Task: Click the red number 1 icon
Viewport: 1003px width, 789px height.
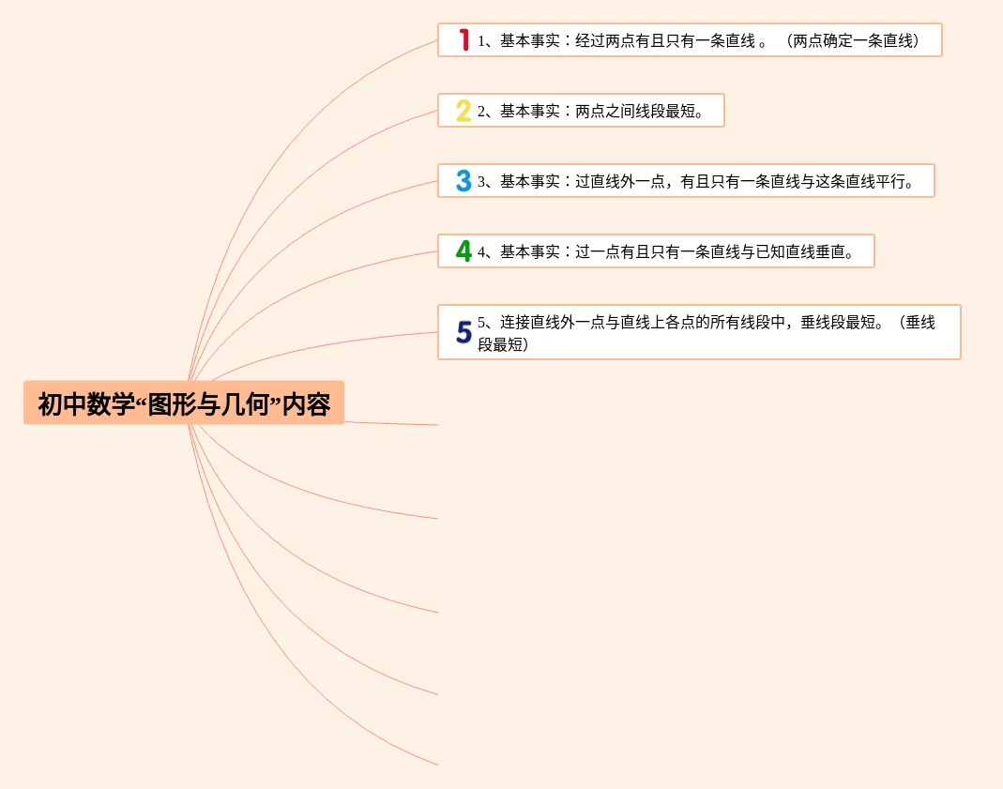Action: tap(464, 40)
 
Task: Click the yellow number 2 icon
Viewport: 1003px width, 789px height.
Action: tap(464, 111)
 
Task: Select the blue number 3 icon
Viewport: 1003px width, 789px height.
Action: tap(464, 181)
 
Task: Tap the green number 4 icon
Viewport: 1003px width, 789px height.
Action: tap(464, 251)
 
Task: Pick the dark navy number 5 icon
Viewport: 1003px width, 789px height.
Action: tap(464, 332)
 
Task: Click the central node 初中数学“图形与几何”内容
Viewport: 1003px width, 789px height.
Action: tap(184, 403)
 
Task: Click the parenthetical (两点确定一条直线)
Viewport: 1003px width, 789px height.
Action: tap(853, 41)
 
